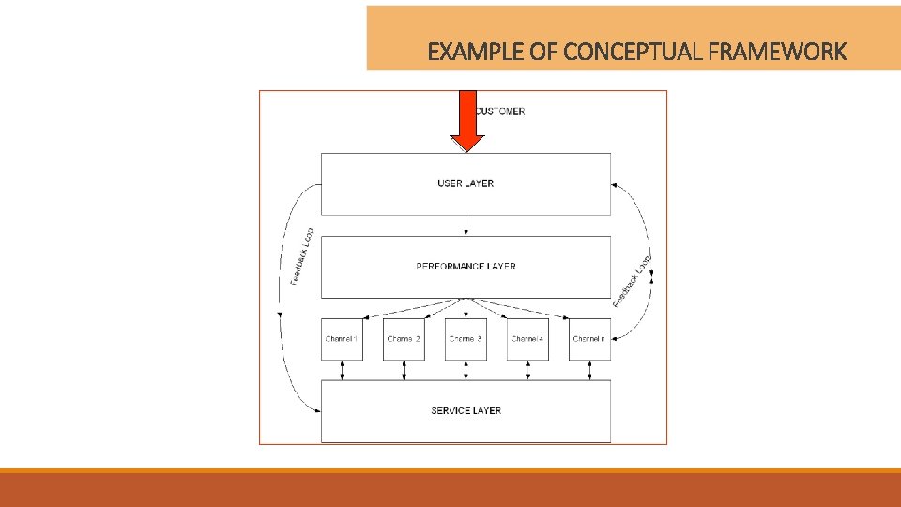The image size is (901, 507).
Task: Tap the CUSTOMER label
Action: [x=500, y=111]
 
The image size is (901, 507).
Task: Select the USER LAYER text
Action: [x=466, y=183]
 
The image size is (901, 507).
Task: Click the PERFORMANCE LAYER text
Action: [x=466, y=267]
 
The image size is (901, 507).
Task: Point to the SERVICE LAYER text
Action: [x=466, y=410]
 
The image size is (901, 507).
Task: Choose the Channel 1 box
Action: [x=342, y=339]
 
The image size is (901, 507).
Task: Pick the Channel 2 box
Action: [x=404, y=339]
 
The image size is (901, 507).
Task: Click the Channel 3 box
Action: [x=466, y=339]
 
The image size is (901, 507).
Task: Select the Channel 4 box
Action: [x=527, y=339]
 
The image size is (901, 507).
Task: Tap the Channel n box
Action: [x=589, y=339]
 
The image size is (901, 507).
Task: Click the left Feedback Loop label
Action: [x=301, y=257]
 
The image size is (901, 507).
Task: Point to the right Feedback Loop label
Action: [x=633, y=280]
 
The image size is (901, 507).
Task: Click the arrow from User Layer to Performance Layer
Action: [x=466, y=225]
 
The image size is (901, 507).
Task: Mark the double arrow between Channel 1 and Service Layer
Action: [x=342, y=370]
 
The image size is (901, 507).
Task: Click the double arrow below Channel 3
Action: [x=466, y=370]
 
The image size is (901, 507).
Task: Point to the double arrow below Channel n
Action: [x=589, y=370]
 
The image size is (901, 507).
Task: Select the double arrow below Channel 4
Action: [x=527, y=370]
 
